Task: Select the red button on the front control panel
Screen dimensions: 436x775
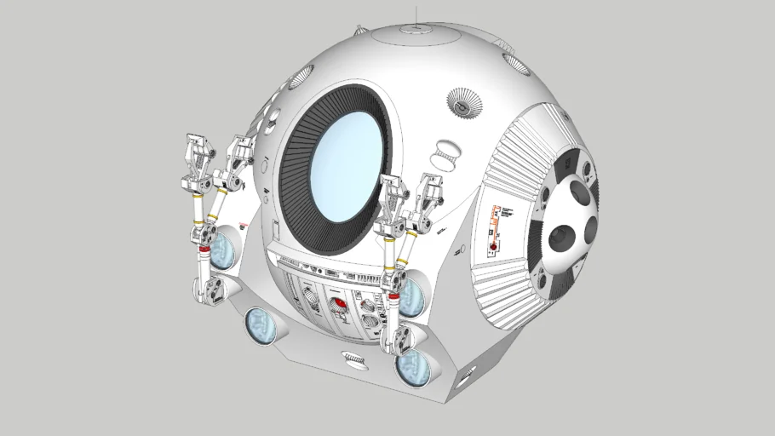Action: click(x=339, y=302)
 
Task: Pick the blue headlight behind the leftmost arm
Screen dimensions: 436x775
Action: click(x=222, y=249)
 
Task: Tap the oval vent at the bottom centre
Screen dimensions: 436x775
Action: click(x=353, y=359)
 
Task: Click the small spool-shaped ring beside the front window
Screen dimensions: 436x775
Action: click(x=446, y=155)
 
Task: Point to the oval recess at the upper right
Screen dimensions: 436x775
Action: click(x=516, y=62)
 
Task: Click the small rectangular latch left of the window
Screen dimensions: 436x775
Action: click(x=276, y=228)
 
